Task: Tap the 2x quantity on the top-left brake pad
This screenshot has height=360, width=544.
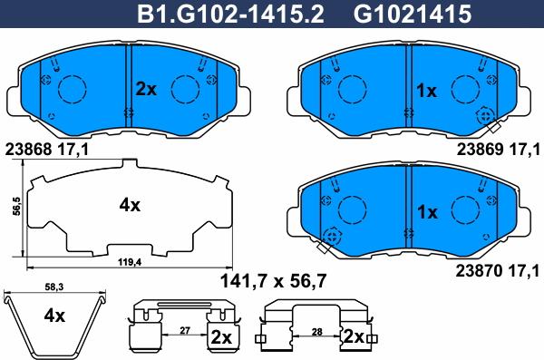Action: click(147, 89)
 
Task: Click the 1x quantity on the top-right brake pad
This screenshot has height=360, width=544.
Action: click(426, 91)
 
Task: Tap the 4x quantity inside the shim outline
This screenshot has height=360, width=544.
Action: click(131, 205)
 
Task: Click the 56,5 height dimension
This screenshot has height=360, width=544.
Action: click(15, 208)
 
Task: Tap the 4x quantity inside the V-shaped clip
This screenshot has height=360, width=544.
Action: click(54, 316)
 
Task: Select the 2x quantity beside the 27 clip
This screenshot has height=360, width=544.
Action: click(220, 338)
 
